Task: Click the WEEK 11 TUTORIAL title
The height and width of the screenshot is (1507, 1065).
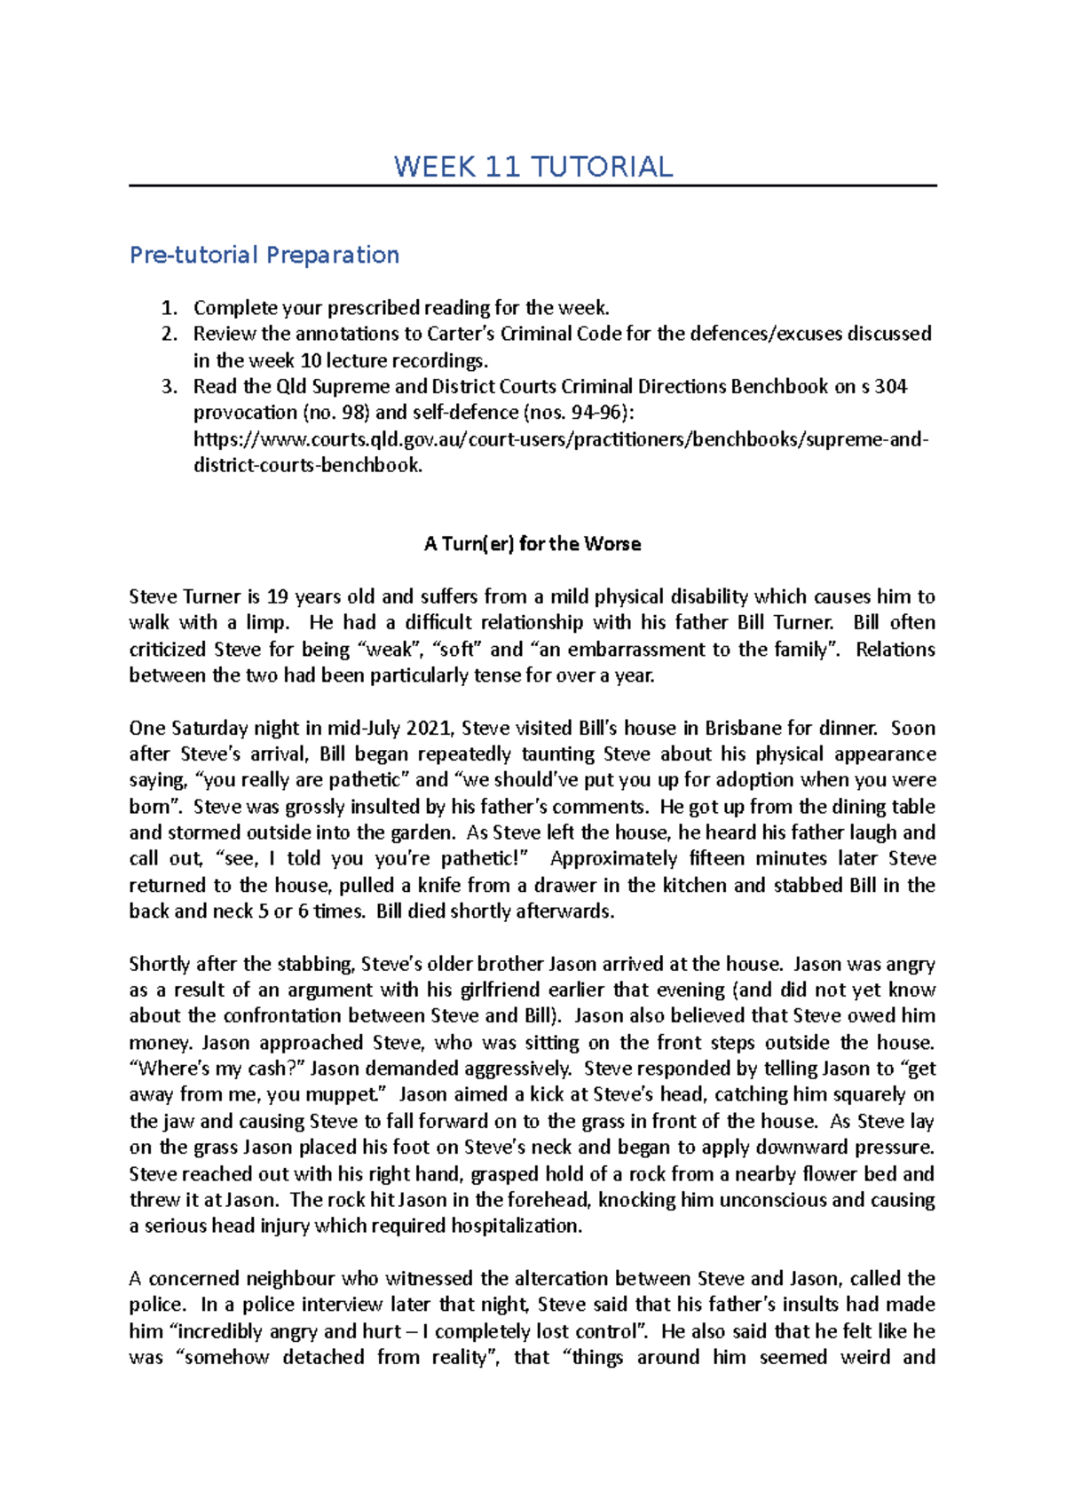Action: pos(532,167)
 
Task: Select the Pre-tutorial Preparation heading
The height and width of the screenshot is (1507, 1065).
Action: pos(264,255)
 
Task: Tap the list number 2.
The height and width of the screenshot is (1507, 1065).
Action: pos(169,334)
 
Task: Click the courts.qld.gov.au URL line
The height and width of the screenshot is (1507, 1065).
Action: pos(560,439)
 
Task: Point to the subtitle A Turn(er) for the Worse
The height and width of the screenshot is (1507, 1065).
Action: pos(532,544)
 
